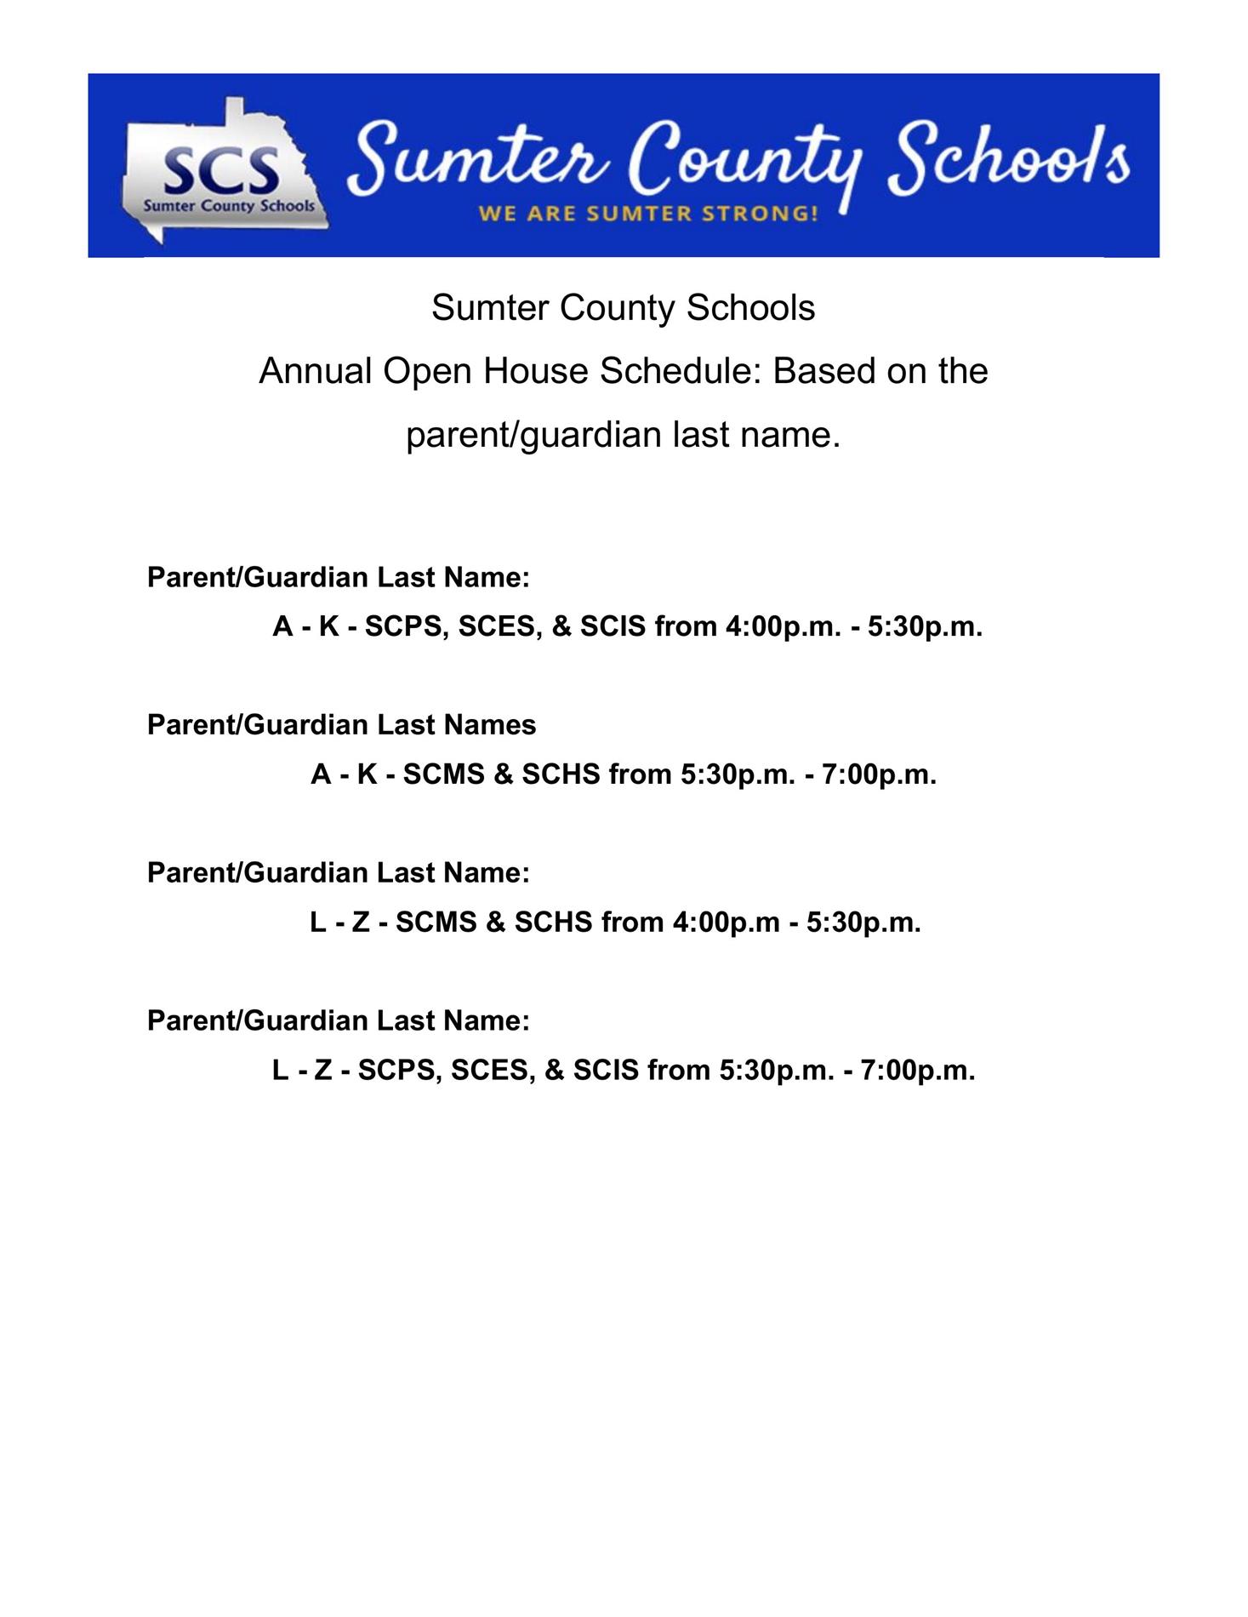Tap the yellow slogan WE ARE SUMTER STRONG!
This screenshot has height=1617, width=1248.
pos(648,213)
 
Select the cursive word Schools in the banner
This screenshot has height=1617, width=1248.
pos(1009,157)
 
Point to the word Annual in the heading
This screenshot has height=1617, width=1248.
pos(316,371)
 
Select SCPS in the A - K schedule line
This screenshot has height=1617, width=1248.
pos(402,626)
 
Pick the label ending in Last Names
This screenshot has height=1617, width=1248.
pos(341,724)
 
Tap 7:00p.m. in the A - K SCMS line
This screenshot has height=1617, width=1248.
pos(880,774)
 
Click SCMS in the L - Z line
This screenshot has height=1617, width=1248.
pos(436,922)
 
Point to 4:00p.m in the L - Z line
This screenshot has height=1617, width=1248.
pos(726,922)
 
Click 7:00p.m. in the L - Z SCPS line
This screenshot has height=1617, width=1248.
pos(918,1070)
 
